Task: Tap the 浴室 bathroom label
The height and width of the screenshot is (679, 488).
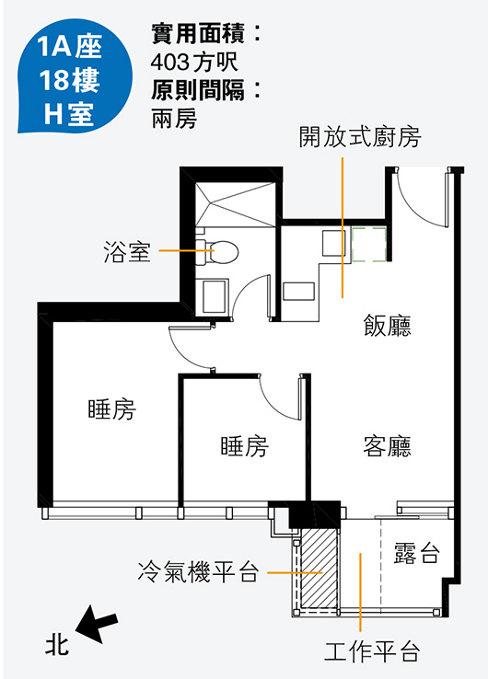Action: pyautogui.click(x=127, y=251)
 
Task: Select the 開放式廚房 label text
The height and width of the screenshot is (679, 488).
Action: pyautogui.click(x=360, y=137)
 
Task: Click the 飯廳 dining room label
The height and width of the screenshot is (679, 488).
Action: pyautogui.click(x=387, y=325)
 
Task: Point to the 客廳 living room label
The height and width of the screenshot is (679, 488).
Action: pyautogui.click(x=387, y=446)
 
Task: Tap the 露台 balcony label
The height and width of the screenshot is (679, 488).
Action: pyautogui.click(x=417, y=553)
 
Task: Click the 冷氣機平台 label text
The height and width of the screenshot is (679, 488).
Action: pyautogui.click(x=199, y=572)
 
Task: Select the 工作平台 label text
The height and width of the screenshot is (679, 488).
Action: pyautogui.click(x=373, y=650)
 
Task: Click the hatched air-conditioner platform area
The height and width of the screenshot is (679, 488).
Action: pyautogui.click(x=320, y=568)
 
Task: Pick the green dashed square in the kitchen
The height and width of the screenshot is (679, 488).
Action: pyautogui.click(x=369, y=245)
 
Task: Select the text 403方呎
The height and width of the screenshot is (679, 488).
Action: pyautogui.click(x=194, y=62)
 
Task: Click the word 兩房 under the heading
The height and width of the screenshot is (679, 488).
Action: pyautogui.click(x=174, y=118)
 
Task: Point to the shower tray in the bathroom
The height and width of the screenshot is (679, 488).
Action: pyautogui.click(x=236, y=204)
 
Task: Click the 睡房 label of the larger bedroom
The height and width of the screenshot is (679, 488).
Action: pyautogui.click(x=111, y=409)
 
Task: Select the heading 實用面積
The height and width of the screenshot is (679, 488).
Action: pyautogui.click(x=199, y=33)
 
